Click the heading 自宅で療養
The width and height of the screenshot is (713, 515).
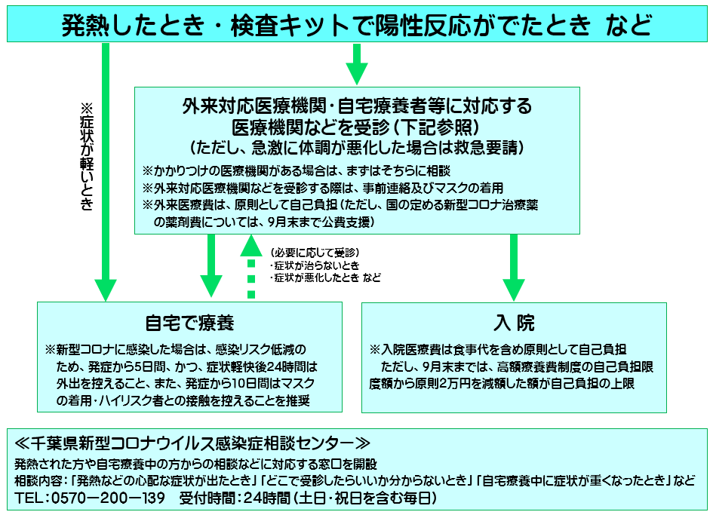coord(189,323)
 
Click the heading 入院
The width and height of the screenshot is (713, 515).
coord(514,323)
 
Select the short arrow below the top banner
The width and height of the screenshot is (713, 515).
coord(357,64)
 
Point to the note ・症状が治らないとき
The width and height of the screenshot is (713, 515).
coord(315,265)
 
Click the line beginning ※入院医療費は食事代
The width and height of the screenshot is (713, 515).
coord(498,350)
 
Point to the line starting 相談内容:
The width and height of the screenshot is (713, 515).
coord(355,480)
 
